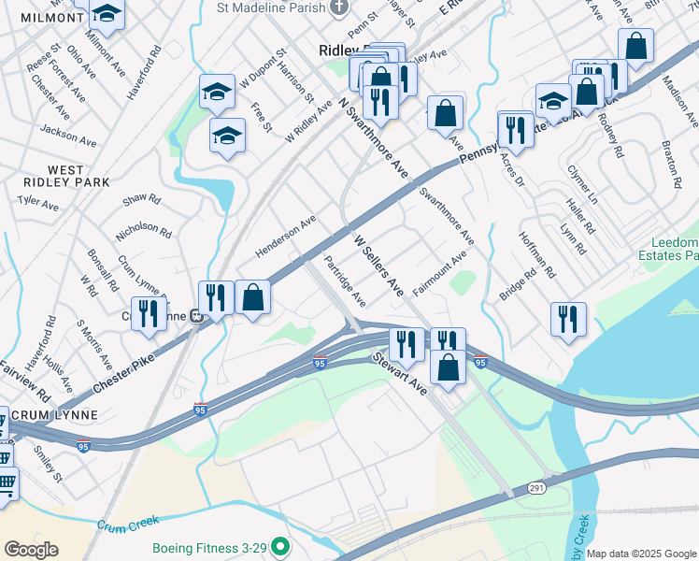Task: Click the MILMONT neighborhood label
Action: pos(37,18)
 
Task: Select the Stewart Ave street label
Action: pos(399,373)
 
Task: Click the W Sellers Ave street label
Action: pos(378,266)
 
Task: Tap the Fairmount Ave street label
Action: pos(439,274)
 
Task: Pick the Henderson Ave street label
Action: pos(285,239)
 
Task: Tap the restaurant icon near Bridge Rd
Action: pos(567,319)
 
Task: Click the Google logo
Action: pos(32,550)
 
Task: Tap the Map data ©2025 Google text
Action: pos(641,554)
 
